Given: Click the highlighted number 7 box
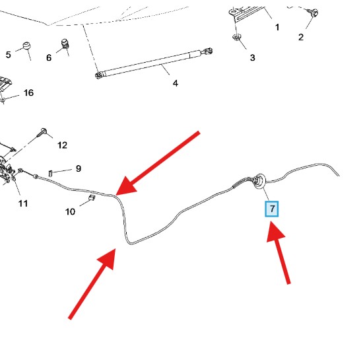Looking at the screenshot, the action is pyautogui.click(x=271, y=209).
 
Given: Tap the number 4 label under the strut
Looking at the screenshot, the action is pyautogui.click(x=176, y=83).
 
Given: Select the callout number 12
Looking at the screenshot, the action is pyautogui.click(x=62, y=145).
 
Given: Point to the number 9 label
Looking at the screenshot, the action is pyautogui.click(x=79, y=168).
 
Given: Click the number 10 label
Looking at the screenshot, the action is pyautogui.click(x=70, y=211).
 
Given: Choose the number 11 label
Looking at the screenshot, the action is pyautogui.click(x=23, y=203).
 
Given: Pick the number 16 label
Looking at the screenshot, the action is pyautogui.click(x=28, y=92).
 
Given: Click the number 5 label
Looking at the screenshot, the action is pyautogui.click(x=9, y=55).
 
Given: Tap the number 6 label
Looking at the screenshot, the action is pyautogui.click(x=49, y=57).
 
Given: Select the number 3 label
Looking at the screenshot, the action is pyautogui.click(x=253, y=57).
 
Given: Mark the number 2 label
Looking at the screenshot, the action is pyautogui.click(x=301, y=37).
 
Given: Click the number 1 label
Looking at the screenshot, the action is pyautogui.click(x=277, y=27).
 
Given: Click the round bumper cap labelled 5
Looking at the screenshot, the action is pyautogui.click(x=26, y=46).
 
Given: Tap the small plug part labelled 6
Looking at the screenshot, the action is pyautogui.click(x=65, y=44).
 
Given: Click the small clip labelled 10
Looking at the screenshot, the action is pyautogui.click(x=92, y=198).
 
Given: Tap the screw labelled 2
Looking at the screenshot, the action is pyautogui.click(x=313, y=12).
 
